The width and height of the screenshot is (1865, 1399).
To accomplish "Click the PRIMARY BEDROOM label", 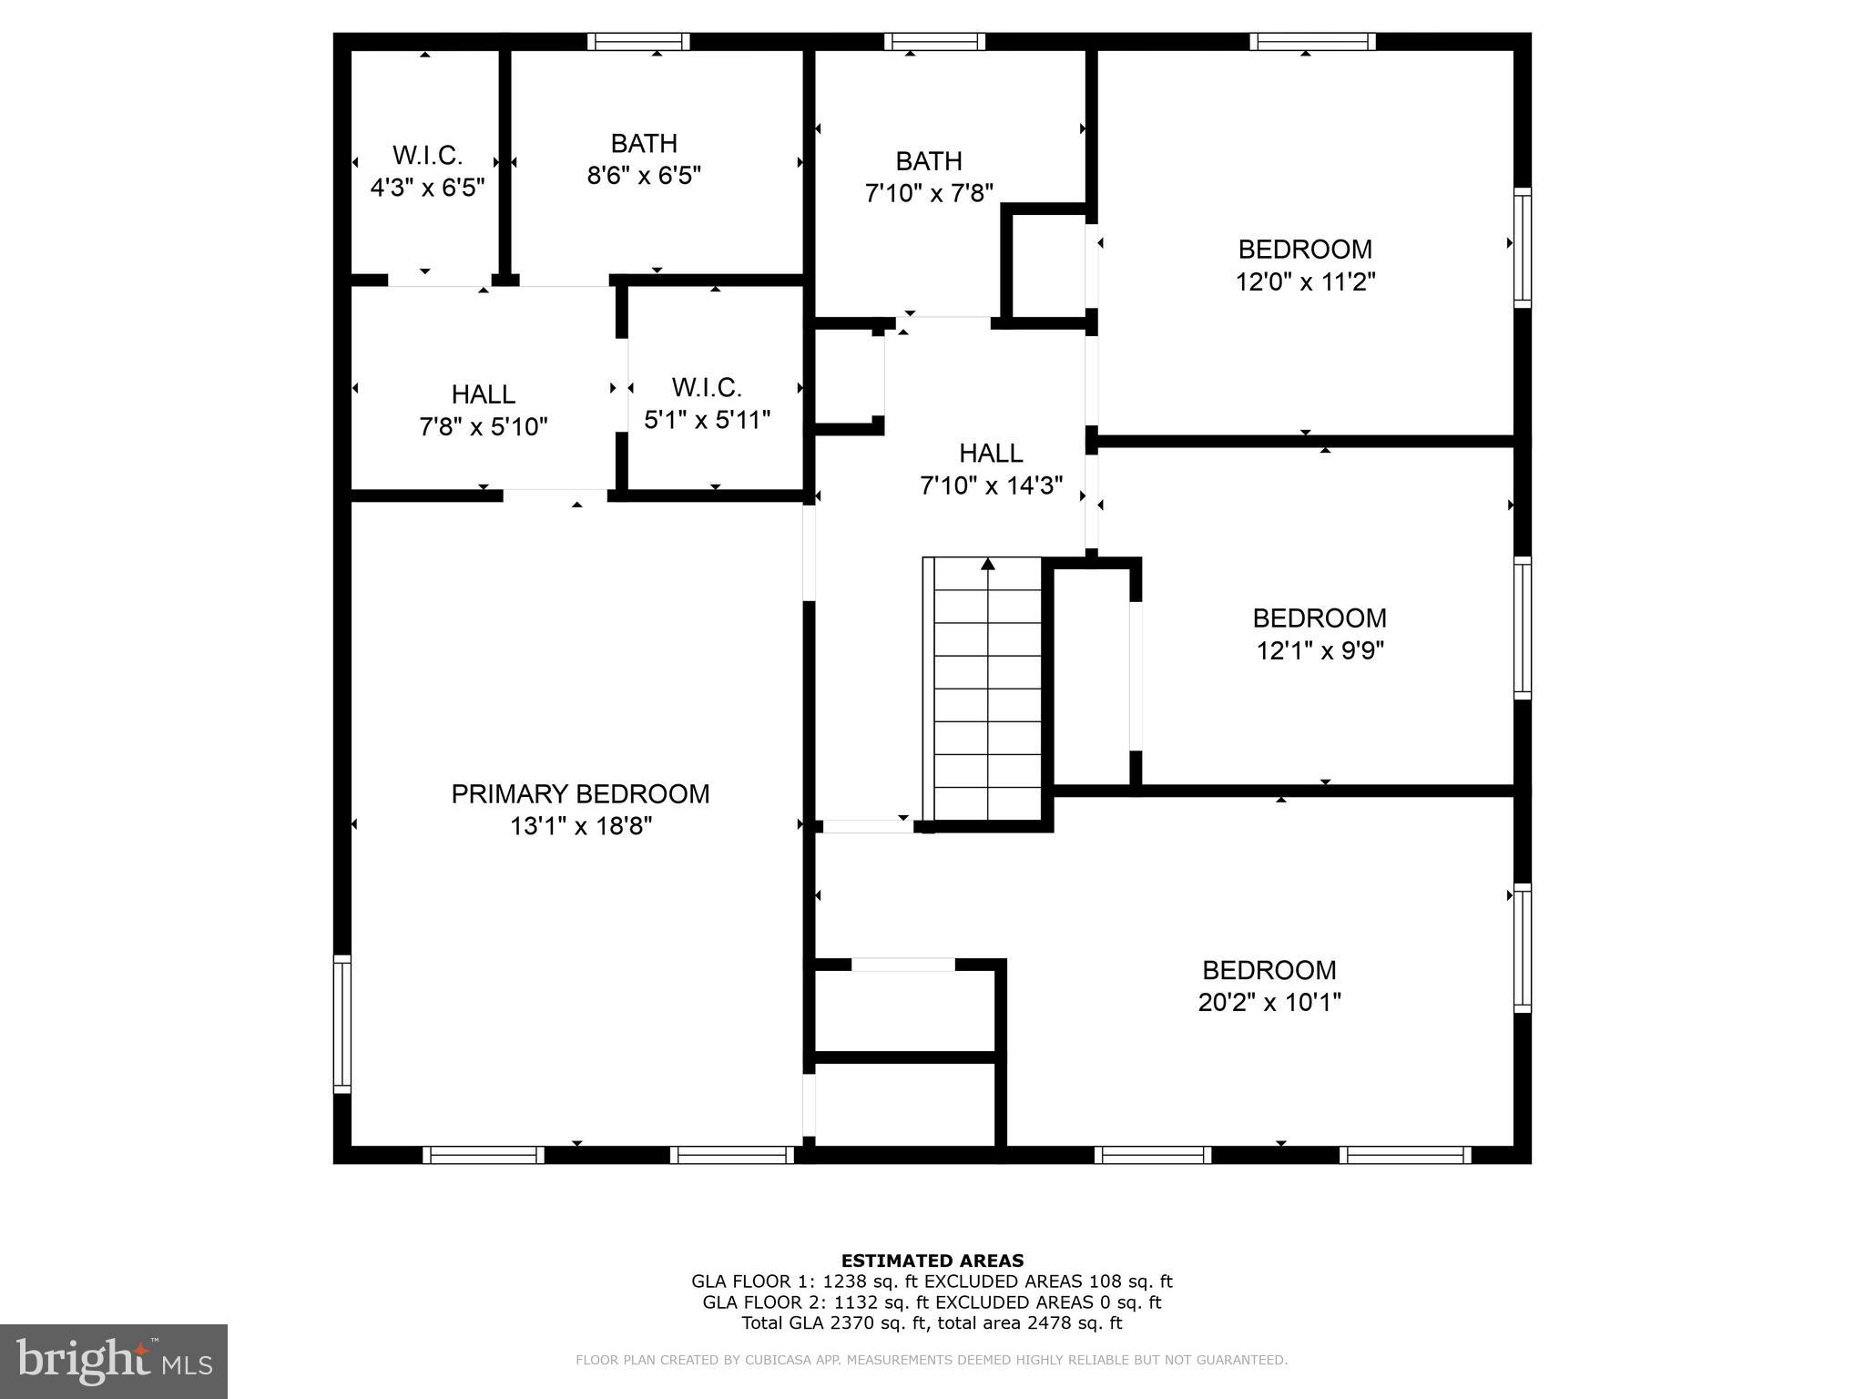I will click(580, 793).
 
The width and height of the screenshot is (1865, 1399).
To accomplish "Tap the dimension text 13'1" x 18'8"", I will click(580, 826).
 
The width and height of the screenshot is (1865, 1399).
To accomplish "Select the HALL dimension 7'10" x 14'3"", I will click(991, 485).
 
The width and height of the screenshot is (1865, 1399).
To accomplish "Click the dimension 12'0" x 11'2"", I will click(1304, 281).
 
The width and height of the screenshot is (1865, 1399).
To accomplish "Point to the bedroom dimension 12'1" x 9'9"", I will click(1320, 650).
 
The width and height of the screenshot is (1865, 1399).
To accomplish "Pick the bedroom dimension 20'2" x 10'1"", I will click(1269, 1002).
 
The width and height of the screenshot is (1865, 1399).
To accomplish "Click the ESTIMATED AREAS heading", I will click(932, 1261).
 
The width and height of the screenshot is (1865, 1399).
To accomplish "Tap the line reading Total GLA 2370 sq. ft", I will click(932, 1322).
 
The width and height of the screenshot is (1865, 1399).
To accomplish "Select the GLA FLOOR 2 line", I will click(932, 1302).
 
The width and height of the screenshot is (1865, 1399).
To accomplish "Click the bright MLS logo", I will click(113, 1361).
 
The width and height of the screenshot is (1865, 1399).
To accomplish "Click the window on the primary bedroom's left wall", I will click(341, 1024).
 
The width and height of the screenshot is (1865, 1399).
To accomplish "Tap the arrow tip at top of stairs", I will click(988, 563).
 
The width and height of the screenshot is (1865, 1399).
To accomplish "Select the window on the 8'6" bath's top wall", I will click(637, 41).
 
